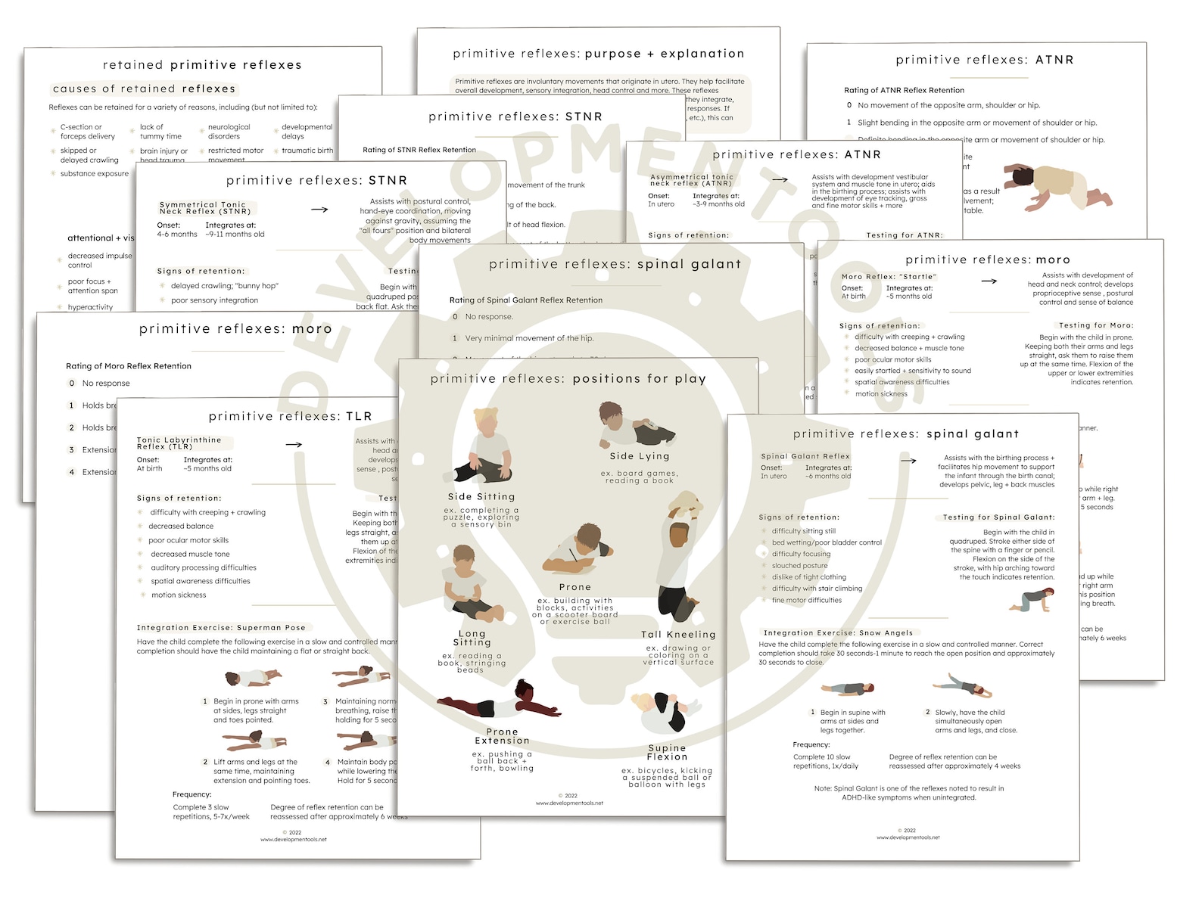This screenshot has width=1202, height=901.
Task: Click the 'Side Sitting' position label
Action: (x=481, y=497)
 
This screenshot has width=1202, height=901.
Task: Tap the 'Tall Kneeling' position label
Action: (x=678, y=635)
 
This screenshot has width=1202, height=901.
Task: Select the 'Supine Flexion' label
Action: (x=667, y=752)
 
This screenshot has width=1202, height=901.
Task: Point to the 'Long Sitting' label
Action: (x=472, y=638)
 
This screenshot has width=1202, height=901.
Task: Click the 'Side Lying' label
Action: (x=640, y=456)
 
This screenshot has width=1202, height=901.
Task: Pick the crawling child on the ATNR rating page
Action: (x=1058, y=188)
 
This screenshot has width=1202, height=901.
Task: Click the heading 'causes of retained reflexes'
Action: (x=145, y=89)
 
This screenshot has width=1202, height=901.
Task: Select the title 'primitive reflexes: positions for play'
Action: (x=568, y=378)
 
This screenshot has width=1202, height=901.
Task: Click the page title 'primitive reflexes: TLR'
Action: (x=290, y=416)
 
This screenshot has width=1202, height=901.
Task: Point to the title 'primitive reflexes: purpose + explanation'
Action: (x=598, y=54)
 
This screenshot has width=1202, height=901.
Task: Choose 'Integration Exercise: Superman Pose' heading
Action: (x=221, y=627)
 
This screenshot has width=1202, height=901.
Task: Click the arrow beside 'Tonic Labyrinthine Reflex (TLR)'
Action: (x=294, y=444)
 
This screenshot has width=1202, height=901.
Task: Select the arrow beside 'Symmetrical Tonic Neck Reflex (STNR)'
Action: (x=319, y=210)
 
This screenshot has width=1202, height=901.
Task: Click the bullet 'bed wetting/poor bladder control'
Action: (x=827, y=542)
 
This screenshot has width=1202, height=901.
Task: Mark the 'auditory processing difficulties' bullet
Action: (x=203, y=567)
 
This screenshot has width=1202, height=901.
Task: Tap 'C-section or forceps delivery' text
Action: (x=88, y=132)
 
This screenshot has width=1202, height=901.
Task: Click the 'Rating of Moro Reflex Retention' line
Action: (x=129, y=366)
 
